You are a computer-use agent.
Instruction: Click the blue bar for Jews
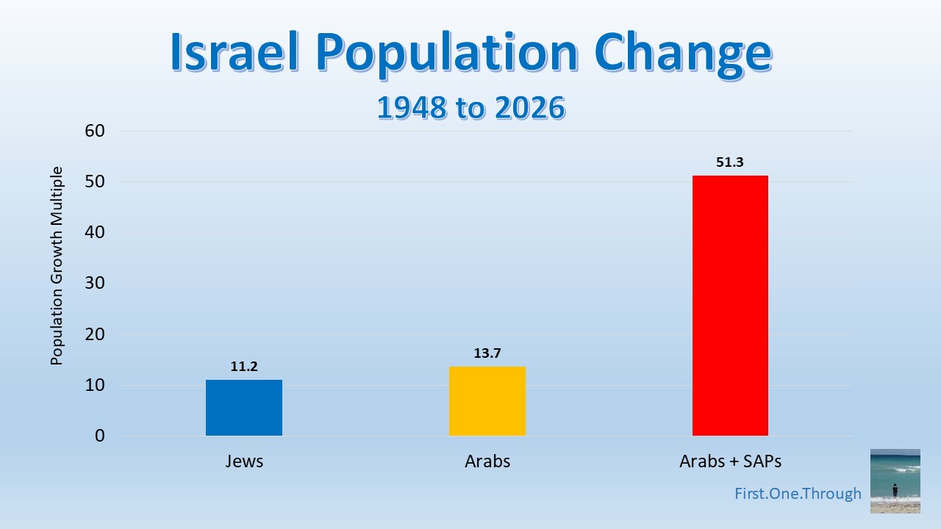click(x=243, y=408)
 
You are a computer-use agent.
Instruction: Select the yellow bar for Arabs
click(x=487, y=401)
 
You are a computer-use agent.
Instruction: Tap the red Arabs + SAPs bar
click(x=730, y=306)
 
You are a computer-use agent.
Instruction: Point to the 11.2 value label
click(x=243, y=367)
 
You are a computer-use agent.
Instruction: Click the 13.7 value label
click(x=487, y=353)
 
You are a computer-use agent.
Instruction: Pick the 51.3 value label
click(x=730, y=162)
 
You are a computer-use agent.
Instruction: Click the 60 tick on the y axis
click(x=96, y=132)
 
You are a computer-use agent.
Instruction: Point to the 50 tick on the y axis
click(x=96, y=182)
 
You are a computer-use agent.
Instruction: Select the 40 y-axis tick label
click(x=96, y=233)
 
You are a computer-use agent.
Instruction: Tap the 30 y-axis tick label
click(x=96, y=284)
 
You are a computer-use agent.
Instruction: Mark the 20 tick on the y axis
click(x=96, y=334)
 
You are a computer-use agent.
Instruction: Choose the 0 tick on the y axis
click(x=101, y=436)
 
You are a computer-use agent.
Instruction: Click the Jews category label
click(x=243, y=462)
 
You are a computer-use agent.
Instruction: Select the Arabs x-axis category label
click(x=487, y=462)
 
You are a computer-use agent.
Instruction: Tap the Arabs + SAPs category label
click(x=730, y=462)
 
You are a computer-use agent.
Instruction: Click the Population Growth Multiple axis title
click(x=57, y=266)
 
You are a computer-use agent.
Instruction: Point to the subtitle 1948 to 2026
click(x=470, y=107)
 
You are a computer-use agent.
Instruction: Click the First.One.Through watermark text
click(x=798, y=494)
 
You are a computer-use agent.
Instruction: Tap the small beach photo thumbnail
click(x=895, y=481)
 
